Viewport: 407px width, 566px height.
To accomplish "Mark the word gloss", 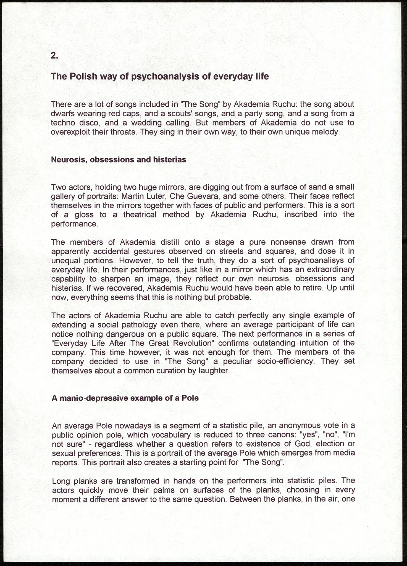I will tap(84, 215).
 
